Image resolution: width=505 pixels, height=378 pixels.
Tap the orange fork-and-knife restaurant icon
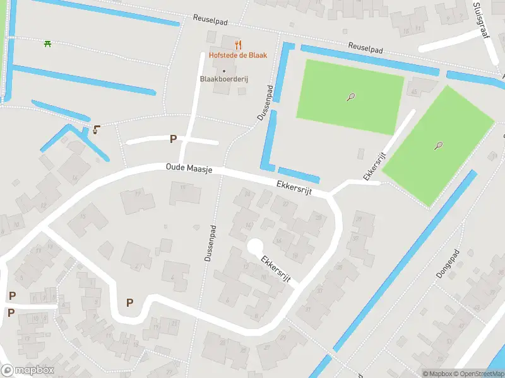click(x=238, y=45)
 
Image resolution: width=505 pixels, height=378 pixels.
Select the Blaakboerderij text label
click(x=223, y=79)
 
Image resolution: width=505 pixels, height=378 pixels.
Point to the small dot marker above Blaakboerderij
click(x=223, y=71)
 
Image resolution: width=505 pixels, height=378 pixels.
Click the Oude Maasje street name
click(x=189, y=168)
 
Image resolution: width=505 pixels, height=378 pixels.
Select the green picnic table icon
click(x=47, y=43)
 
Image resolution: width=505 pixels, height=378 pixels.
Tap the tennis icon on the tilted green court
click(x=438, y=146)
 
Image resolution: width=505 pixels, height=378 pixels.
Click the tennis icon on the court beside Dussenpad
click(x=351, y=97)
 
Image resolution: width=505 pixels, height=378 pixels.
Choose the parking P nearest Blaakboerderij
click(x=172, y=139)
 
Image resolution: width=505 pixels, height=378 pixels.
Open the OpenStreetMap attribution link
click(x=478, y=374)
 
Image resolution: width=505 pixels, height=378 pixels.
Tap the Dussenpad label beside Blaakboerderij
click(x=264, y=103)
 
